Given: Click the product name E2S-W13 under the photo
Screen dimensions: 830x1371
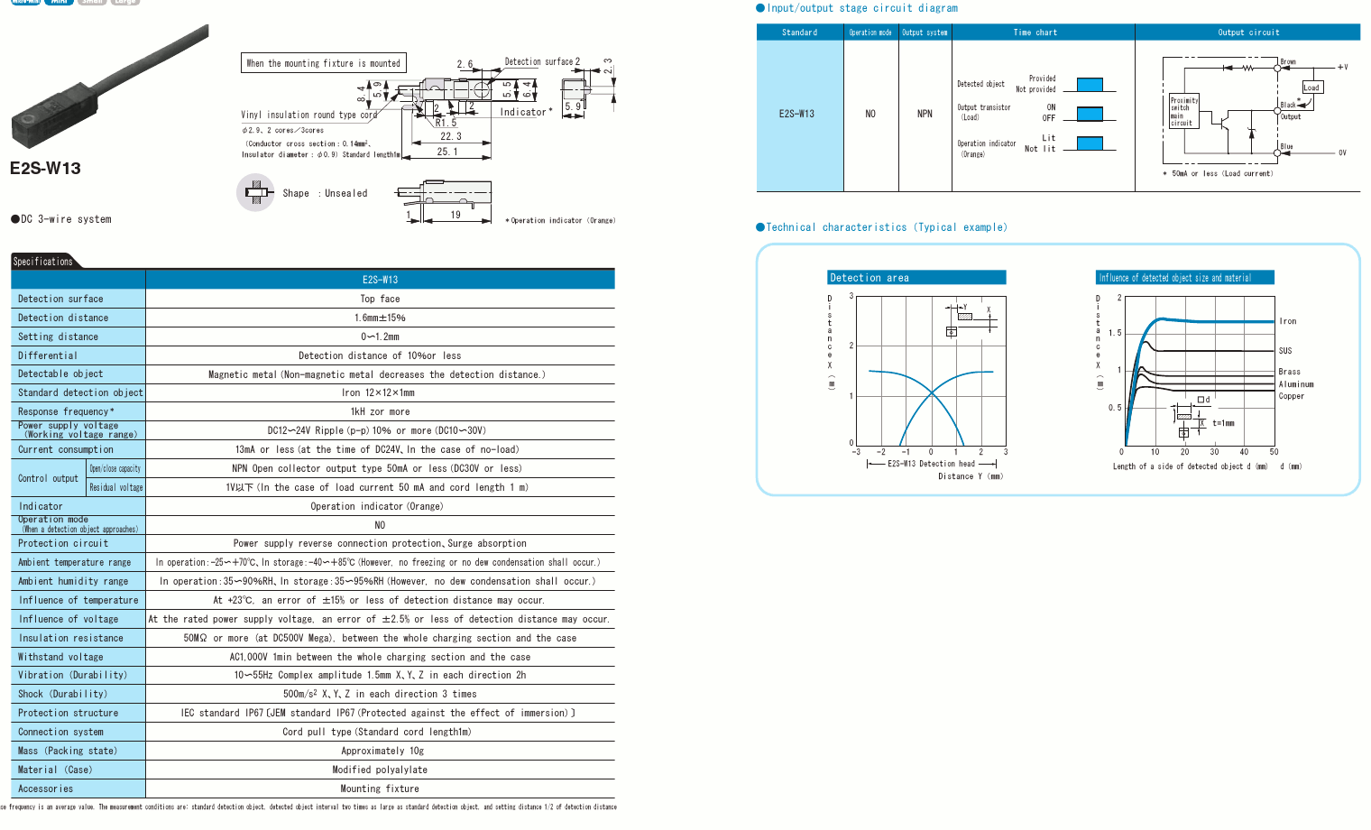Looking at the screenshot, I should point(45,169).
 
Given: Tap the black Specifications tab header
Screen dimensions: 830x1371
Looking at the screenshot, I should point(43,262).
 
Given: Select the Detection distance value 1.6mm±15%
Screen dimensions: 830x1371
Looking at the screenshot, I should point(380,318).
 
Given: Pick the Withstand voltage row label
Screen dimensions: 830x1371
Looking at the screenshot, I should point(60,657).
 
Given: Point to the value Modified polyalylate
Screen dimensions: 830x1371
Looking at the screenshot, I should point(380,770).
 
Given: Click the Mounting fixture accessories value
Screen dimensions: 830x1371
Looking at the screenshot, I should point(380,788).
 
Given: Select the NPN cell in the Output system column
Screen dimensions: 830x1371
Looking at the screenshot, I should point(925,114).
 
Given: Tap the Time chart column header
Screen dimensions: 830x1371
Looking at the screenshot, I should point(1035,32).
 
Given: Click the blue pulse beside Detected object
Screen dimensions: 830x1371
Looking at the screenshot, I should point(1090,85).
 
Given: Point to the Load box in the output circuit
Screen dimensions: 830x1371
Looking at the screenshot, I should point(1311,88).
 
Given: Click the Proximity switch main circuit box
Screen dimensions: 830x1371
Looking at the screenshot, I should point(1183,111).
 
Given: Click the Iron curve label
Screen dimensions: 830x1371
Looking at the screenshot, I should point(1287,321).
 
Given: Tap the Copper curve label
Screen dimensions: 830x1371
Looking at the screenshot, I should point(1291,396).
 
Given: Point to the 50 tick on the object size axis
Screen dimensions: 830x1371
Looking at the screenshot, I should point(1274,452).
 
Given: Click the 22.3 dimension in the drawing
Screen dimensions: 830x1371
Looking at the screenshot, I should point(451,136).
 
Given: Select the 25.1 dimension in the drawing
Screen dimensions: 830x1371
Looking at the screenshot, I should point(447,152).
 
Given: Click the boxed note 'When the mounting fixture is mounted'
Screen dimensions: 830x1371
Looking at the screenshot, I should point(324,63).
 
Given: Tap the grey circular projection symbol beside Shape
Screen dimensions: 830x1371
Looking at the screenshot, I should point(256,192).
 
